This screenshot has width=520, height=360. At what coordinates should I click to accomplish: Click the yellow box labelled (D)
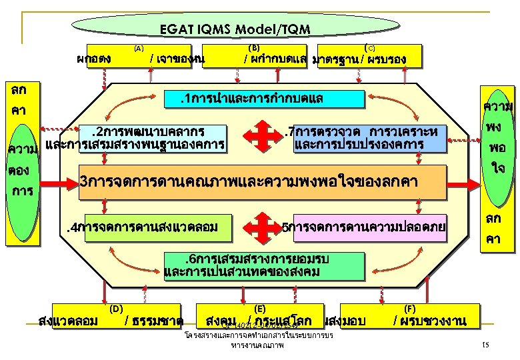[110, 316]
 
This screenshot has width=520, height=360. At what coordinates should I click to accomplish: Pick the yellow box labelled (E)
[260, 316]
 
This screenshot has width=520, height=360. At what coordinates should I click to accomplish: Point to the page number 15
[485, 344]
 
